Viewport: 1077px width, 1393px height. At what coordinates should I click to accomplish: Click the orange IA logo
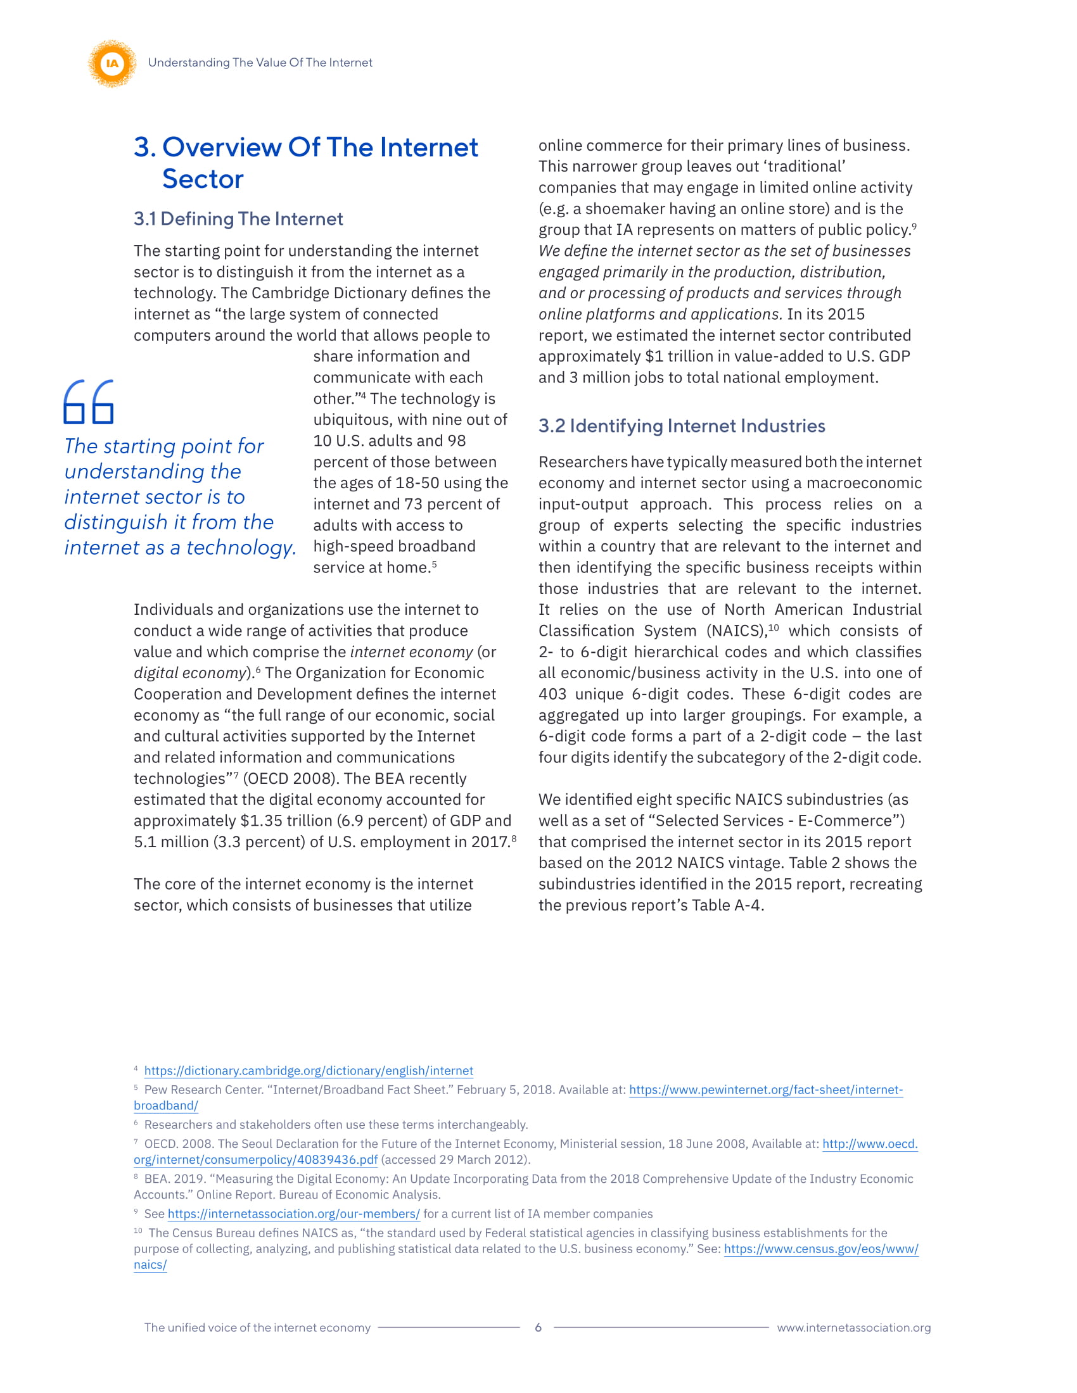pyautogui.click(x=112, y=63)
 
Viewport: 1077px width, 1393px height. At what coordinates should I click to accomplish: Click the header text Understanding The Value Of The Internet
pyautogui.click(x=260, y=63)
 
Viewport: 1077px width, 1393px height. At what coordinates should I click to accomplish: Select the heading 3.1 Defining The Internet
pyautogui.click(x=238, y=219)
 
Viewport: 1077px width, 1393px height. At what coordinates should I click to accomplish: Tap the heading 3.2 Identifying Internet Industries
pyautogui.click(x=682, y=425)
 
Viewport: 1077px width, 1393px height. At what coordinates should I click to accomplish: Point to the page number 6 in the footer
pyautogui.click(x=538, y=1327)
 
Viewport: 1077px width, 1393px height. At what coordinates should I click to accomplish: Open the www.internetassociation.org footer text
pyautogui.click(x=853, y=1327)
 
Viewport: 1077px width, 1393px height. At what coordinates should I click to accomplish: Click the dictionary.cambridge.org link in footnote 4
pyautogui.click(x=308, y=1071)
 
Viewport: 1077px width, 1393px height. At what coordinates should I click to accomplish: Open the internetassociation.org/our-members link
pyautogui.click(x=293, y=1214)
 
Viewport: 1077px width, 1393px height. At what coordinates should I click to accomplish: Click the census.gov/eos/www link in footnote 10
pyautogui.click(x=820, y=1249)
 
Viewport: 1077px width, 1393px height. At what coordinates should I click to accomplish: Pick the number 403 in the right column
pyautogui.click(x=552, y=694)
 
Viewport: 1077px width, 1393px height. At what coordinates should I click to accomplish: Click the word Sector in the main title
pyautogui.click(x=202, y=179)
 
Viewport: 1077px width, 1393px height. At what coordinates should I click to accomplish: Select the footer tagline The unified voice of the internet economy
pyautogui.click(x=257, y=1327)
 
